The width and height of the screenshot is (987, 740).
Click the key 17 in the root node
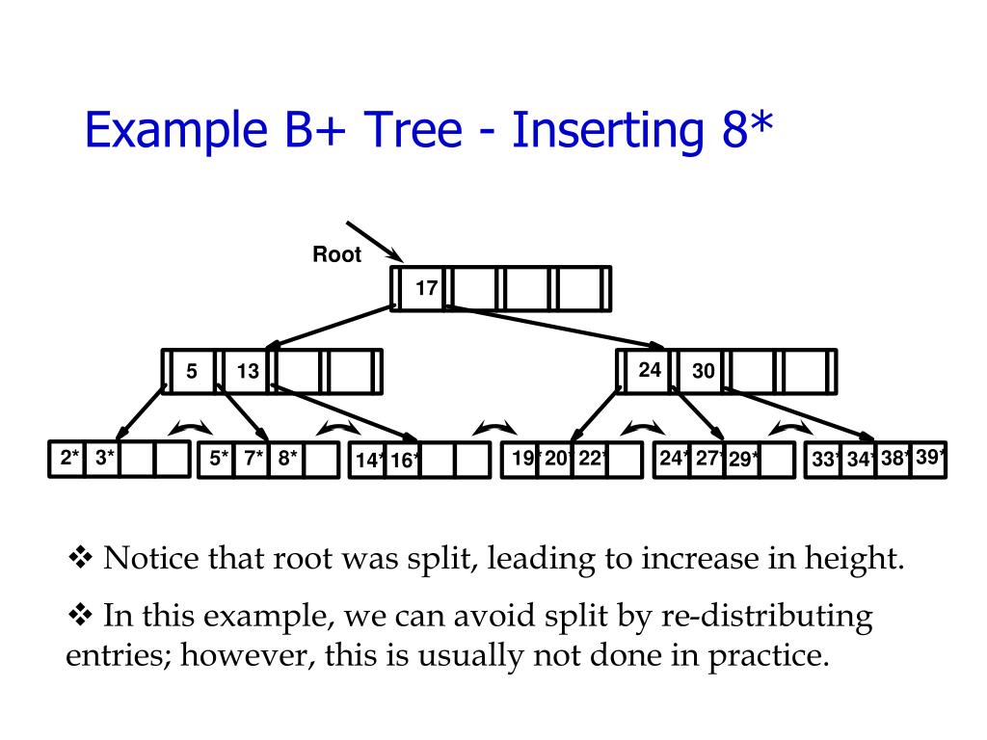[426, 288]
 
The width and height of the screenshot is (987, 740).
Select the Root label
[336, 255]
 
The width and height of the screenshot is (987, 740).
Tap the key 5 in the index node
[192, 371]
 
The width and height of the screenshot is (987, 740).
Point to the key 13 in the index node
[248, 371]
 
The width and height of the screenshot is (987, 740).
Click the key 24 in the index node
[650, 369]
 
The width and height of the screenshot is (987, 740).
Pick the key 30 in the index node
[704, 371]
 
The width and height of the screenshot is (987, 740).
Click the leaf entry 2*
[69, 459]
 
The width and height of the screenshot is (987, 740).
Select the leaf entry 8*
[288, 459]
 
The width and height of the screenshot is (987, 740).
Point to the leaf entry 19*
[523, 459]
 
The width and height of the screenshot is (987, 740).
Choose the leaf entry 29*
[743, 461]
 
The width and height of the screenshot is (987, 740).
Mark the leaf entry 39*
[930, 457]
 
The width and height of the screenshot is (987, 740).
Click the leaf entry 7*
[253, 459]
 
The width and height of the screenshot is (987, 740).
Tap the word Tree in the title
[410, 131]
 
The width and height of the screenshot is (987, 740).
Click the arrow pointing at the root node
[373, 240]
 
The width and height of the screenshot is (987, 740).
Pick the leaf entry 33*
[825, 461]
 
